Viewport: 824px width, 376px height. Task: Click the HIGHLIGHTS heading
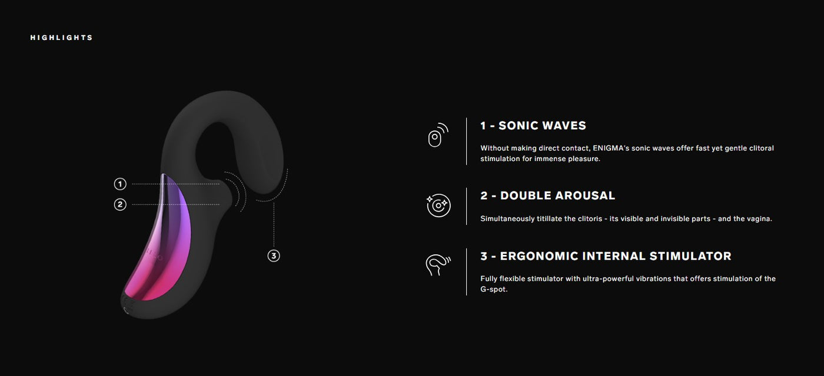[61, 38]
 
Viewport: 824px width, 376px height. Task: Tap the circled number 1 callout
[120, 184]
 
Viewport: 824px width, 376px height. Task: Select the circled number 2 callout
[120, 204]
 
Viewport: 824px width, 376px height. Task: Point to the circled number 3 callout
[274, 256]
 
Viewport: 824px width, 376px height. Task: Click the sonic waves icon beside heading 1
[438, 135]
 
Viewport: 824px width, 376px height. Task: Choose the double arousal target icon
[438, 205]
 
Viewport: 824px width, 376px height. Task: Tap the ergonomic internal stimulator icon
[438, 265]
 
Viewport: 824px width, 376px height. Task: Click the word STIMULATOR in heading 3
[690, 256]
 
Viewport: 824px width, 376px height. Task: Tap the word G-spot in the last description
[494, 289]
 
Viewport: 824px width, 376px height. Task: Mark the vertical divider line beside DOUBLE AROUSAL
[466, 206]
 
